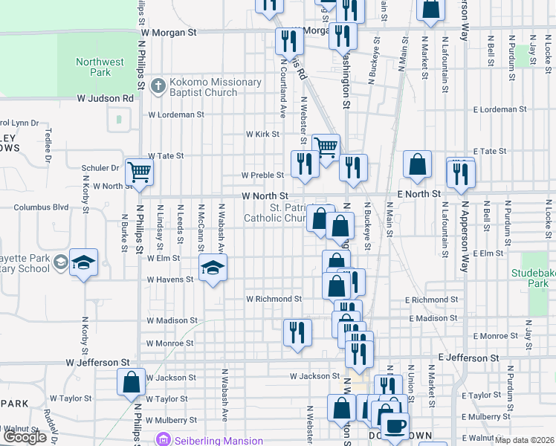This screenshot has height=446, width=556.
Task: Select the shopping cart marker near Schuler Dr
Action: click(139, 172)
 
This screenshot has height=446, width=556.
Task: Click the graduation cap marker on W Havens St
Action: click(213, 268)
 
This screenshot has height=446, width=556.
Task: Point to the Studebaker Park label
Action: click(533, 278)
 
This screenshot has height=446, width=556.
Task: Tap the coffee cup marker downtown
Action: click(395, 426)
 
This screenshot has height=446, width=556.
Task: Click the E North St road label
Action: click(419, 193)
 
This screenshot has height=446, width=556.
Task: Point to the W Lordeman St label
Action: click(176, 114)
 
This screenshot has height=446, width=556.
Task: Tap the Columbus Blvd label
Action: click(41, 207)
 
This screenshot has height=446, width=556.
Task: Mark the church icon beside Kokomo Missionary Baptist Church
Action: click(158, 87)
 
